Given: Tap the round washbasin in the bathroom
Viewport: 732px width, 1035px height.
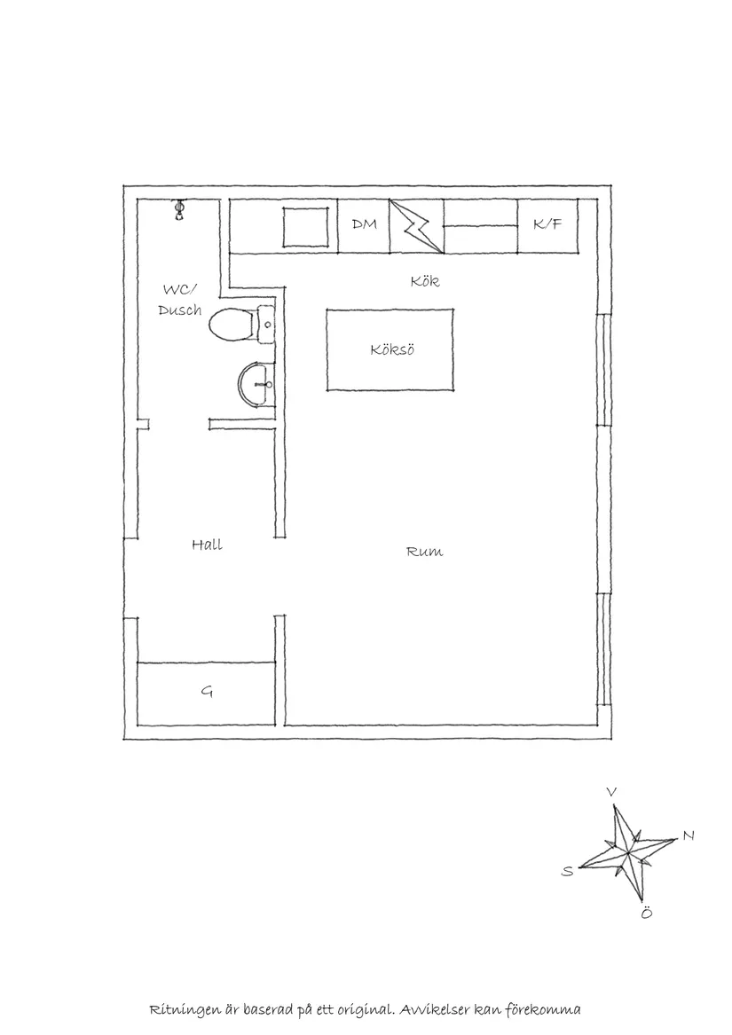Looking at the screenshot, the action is [256, 383].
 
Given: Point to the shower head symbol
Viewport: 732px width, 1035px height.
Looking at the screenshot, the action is [178, 209].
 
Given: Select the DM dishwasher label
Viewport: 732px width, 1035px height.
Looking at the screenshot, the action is [364, 224].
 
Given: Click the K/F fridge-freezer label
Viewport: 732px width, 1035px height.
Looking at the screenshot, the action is [547, 224].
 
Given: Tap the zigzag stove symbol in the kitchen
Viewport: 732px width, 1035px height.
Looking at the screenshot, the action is [416, 226].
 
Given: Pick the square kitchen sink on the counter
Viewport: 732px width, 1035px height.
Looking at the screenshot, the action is [306, 227].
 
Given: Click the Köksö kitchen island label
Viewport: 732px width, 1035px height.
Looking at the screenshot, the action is [392, 349].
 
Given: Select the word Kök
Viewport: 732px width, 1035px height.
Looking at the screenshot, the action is [425, 281].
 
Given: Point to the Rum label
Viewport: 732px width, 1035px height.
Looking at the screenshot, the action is [425, 551].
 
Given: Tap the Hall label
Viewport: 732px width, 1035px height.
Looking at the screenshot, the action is [207, 545].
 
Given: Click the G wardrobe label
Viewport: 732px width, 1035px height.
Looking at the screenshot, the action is [207, 692].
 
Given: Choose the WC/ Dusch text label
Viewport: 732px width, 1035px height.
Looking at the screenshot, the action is [180, 300].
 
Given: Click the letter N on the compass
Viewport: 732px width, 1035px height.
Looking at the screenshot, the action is [689, 835].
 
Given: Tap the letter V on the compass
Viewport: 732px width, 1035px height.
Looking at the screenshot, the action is [611, 792].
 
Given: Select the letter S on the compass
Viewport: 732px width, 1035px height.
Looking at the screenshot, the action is [568, 871].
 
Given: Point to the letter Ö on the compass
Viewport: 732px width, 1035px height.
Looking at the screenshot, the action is [646, 913].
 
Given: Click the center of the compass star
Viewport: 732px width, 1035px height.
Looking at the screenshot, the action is [627, 852].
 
